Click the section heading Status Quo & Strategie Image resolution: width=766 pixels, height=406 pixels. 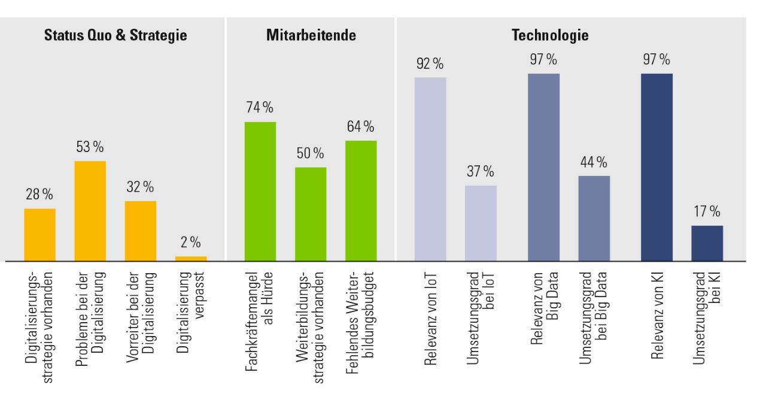115,35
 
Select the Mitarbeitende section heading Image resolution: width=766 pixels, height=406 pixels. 311,35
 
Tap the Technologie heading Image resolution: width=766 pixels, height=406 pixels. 549,35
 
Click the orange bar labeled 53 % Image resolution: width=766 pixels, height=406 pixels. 90,211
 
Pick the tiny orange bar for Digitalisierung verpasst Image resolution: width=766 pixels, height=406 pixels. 191,259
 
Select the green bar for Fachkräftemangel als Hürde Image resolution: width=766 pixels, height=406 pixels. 260,192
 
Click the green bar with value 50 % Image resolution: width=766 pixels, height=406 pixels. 311,214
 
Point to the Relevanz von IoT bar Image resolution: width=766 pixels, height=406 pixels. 430,169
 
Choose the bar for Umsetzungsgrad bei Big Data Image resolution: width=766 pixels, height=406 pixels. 594,218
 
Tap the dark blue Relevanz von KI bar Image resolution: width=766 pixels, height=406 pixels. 656,167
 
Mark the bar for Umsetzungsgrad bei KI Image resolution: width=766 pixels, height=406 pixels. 707,243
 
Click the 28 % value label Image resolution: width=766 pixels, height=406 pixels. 39,194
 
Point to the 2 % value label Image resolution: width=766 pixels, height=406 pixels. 191,243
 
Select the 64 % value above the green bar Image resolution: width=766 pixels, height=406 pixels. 360,126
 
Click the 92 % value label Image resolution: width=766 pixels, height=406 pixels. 430,63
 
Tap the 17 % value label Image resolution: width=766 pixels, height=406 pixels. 707,211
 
